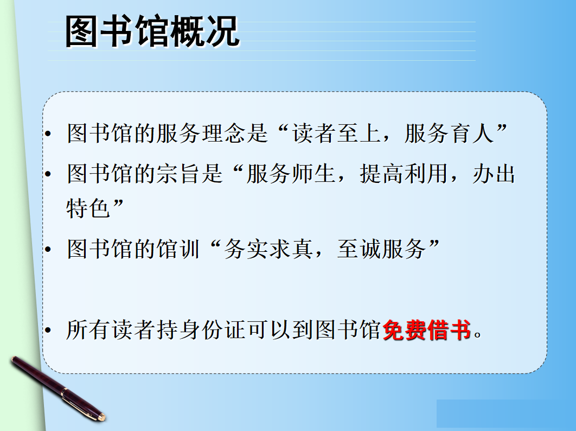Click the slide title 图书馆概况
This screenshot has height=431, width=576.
(152, 31)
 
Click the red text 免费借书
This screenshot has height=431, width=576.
(427, 329)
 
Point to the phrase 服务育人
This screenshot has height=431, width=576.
(449, 133)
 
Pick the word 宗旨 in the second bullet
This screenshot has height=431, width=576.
(178, 174)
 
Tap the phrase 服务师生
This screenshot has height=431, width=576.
(291, 174)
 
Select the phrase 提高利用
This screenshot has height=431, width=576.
(404, 174)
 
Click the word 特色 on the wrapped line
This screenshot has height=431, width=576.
(88, 208)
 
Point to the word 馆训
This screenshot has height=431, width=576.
(178, 249)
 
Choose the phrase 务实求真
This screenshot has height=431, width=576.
(268, 249)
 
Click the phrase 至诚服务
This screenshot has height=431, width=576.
(381, 249)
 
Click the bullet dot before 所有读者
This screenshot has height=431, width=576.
(48, 330)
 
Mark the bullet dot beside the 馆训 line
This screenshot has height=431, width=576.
(48, 250)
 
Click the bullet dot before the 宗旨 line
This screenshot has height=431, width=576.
(48, 174)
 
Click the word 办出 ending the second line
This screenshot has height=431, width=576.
(494, 174)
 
